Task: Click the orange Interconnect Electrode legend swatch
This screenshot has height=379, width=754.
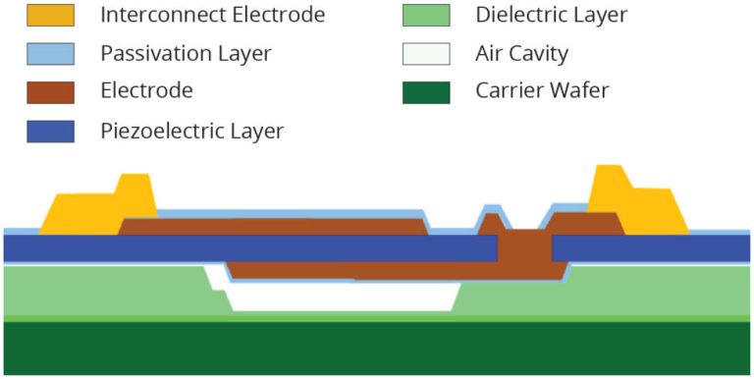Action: coord(50,15)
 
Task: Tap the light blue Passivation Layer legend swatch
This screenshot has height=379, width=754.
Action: coord(50,53)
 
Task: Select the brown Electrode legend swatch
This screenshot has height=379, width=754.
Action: coord(50,91)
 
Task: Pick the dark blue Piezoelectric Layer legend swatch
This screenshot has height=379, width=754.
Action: coord(50,130)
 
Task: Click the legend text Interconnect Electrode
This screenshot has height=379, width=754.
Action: coord(212,15)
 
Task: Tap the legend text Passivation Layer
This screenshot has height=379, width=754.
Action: coord(186,53)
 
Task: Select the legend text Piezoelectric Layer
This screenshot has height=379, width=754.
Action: coord(191,130)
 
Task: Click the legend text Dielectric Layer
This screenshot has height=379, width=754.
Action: coord(551,15)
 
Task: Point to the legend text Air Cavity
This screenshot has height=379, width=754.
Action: coord(521,53)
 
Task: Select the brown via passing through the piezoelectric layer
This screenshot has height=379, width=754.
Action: coord(524,252)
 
